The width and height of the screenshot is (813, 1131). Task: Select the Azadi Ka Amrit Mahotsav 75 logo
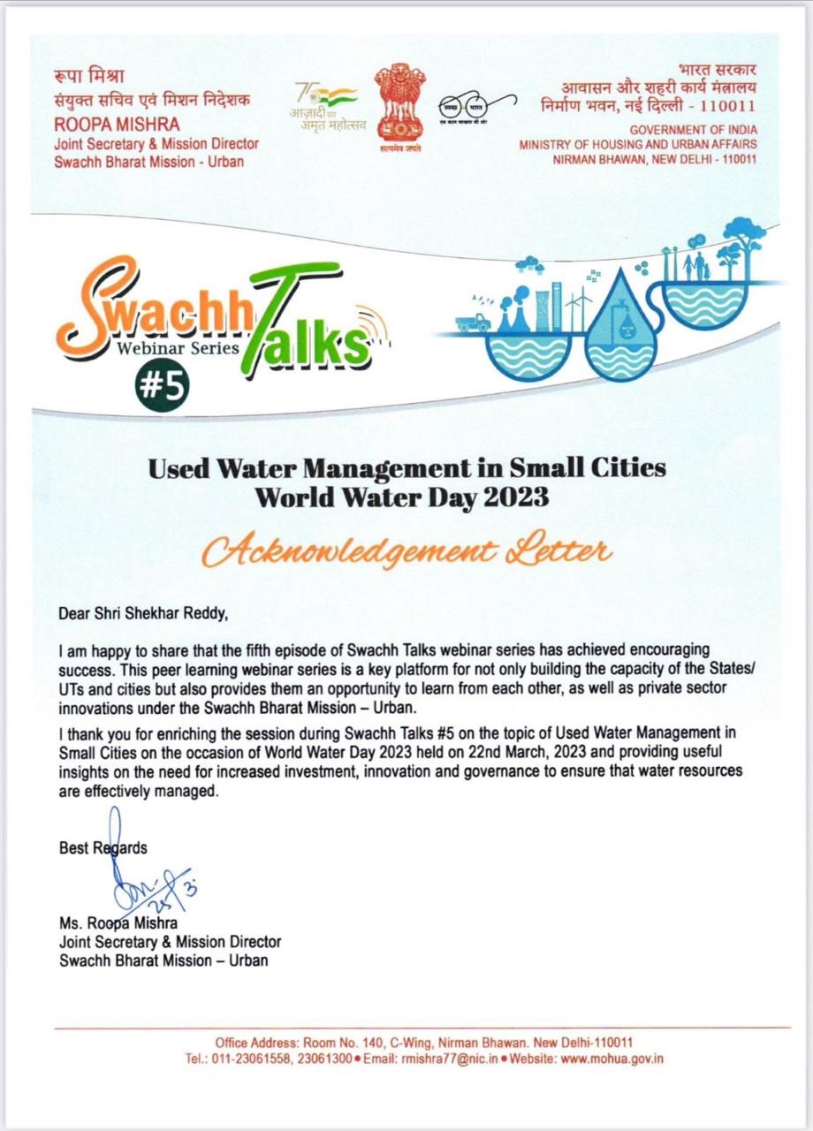[x=324, y=104]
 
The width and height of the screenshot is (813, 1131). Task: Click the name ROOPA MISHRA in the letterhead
[x=104, y=125]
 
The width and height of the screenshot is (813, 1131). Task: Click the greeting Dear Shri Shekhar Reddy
[x=148, y=611]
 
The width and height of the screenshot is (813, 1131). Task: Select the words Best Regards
[x=103, y=847]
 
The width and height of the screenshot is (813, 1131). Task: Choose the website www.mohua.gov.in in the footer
[x=612, y=1058]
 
